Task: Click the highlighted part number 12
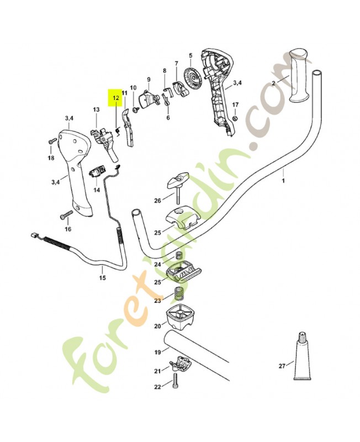click(116, 98)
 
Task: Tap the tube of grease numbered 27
click(302, 356)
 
